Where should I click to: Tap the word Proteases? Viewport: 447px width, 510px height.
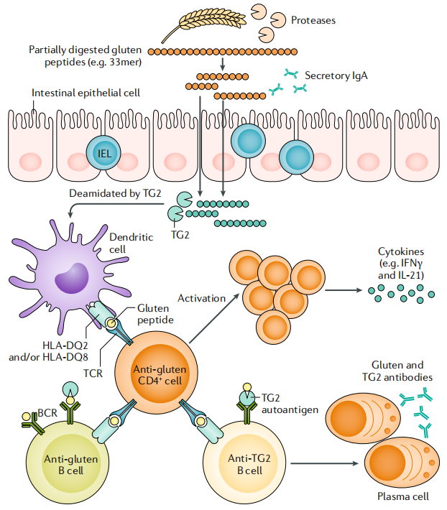pos(313,21)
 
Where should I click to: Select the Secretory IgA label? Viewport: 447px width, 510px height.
pos(336,75)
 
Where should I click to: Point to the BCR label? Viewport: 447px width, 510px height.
pos(27,414)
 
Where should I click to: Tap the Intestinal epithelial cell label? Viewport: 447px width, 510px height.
pos(86,93)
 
